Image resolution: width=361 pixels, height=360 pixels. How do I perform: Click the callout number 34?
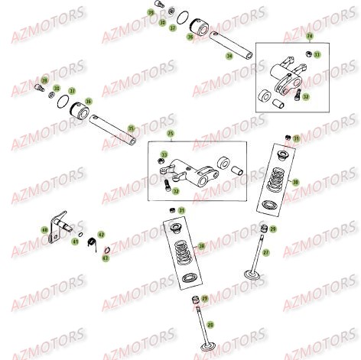(x=229, y=56)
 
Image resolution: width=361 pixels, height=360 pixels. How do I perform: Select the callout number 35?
(x=131, y=128)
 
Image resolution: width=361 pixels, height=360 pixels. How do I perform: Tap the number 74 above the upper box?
(x=309, y=36)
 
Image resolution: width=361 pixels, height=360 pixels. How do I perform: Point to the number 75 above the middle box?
(x=171, y=133)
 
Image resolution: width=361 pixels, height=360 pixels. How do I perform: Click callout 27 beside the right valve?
(x=265, y=252)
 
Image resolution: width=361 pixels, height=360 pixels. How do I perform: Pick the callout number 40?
(x=44, y=229)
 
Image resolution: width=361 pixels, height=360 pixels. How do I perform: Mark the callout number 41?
(x=75, y=241)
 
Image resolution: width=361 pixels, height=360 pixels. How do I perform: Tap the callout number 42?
(x=101, y=234)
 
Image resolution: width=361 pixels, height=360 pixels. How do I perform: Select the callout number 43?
(x=106, y=258)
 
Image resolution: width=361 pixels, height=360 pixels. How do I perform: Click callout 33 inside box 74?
(x=317, y=55)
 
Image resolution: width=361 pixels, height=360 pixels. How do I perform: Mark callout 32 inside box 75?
(x=177, y=191)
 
